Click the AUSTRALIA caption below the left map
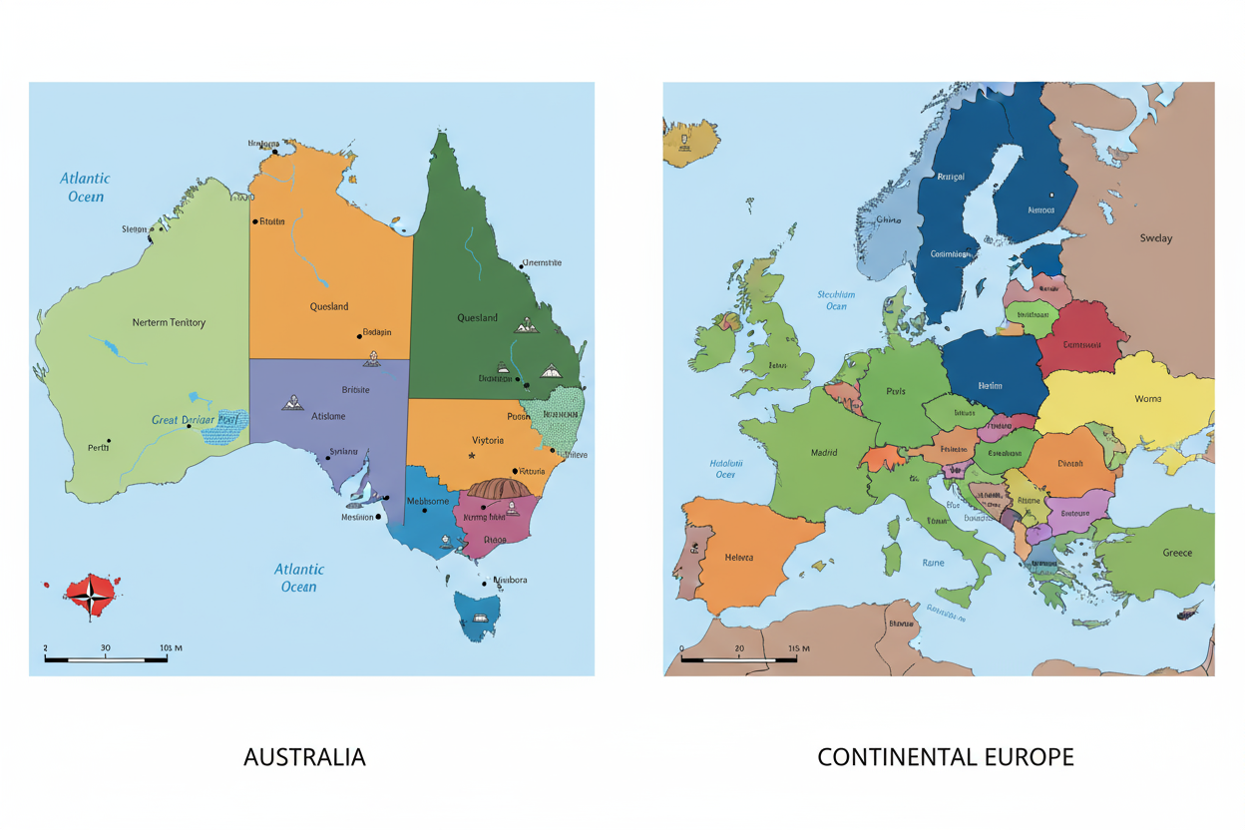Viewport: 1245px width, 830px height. [x=304, y=757]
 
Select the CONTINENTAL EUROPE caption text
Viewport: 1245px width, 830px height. [x=945, y=757]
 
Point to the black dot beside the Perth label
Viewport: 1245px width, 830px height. [x=109, y=441]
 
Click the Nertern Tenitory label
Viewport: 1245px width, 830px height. [x=169, y=322]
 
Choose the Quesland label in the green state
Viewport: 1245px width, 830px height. [x=477, y=318]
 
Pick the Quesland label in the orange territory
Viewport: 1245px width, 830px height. [x=329, y=306]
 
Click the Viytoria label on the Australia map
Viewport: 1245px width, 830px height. [x=487, y=440]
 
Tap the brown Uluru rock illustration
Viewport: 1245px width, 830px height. [x=503, y=489]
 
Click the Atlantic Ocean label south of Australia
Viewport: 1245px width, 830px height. [x=298, y=578]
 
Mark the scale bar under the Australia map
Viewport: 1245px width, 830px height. [x=105, y=658]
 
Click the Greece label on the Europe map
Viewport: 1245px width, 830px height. [x=1176, y=553]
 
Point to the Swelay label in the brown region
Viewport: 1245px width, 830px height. [x=1155, y=238]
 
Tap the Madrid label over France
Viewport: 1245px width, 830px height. [x=824, y=452]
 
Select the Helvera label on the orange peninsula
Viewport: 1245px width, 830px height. [x=739, y=558]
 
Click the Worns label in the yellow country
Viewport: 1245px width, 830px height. [x=1147, y=399]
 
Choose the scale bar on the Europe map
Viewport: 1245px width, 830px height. [x=738, y=658]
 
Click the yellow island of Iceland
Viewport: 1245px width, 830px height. [x=690, y=140]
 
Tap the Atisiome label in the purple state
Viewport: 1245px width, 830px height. [x=328, y=416]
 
